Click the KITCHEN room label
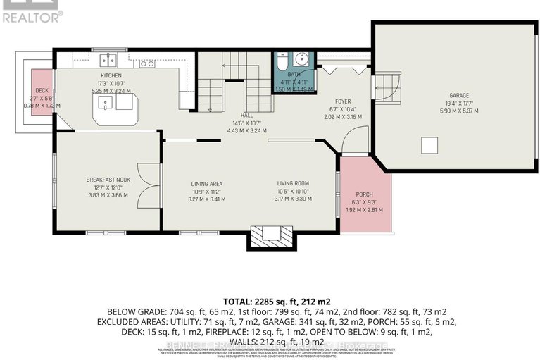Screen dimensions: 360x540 [x=111, y=75]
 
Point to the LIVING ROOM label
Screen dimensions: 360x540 [x=293, y=183]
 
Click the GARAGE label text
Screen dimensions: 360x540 [x=459, y=96]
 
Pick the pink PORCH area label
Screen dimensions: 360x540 [x=364, y=194]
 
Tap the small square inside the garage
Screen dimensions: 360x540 [x=428, y=144]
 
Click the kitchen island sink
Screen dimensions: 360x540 [x=104, y=105]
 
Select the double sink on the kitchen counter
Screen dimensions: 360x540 [x=108, y=60]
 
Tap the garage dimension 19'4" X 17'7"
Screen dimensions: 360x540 [x=459, y=103]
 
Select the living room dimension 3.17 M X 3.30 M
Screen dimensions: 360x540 [x=293, y=199]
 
